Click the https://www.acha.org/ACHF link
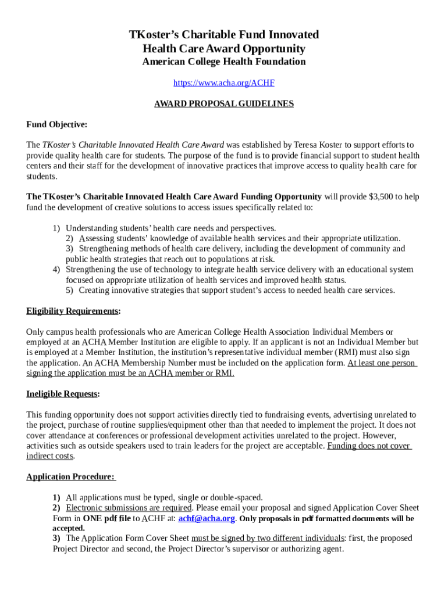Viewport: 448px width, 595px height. point(224,83)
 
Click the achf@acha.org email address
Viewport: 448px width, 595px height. point(207,518)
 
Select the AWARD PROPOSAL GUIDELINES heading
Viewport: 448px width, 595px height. point(224,104)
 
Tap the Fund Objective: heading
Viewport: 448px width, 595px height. point(56,124)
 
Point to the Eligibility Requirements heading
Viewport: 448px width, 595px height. point(72,311)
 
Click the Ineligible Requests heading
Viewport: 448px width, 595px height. point(62,394)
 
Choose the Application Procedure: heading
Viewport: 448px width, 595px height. point(70,477)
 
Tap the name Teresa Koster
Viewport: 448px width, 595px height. point(321,145)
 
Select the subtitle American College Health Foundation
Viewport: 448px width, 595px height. point(224,62)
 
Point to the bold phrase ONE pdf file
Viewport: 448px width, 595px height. point(107,518)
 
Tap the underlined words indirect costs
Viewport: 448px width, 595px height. point(50,456)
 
